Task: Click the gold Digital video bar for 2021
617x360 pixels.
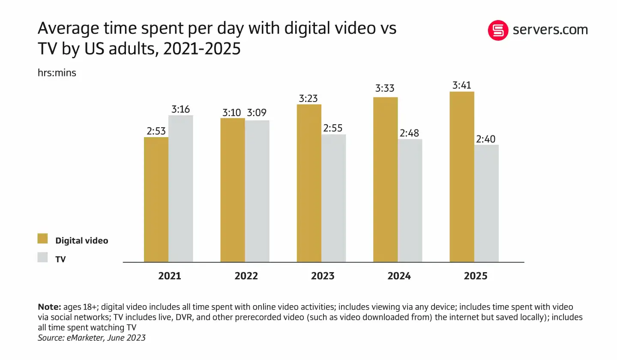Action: (156, 199)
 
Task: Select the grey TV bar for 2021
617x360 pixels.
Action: (181, 189)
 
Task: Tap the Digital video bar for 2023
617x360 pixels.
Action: (309, 183)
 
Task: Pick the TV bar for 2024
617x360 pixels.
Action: (410, 200)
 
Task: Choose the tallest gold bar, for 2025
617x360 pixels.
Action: (462, 177)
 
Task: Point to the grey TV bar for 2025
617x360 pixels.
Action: (486, 203)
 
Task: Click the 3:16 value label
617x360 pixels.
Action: (180, 109)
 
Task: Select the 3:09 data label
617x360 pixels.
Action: (257, 113)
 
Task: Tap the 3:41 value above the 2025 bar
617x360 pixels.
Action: (462, 85)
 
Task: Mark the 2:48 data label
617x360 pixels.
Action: (410, 133)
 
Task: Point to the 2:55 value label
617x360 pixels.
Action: (333, 128)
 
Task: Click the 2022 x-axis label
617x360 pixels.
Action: (246, 276)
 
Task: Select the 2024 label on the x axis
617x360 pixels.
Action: (399, 276)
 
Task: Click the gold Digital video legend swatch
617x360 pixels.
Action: (43, 239)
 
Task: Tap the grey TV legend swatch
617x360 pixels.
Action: (43, 258)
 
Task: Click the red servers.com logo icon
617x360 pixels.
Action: (498, 30)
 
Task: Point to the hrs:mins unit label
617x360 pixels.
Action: (57, 73)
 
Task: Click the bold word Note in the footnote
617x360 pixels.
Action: (49, 307)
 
